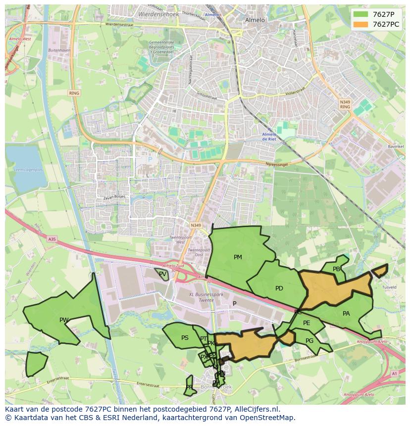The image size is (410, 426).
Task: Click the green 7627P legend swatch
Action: (361, 14)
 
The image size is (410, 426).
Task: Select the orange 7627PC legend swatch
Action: (361, 24)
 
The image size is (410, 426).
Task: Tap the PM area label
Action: (238, 257)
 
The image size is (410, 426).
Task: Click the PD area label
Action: (279, 288)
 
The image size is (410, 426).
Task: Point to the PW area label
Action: (64, 320)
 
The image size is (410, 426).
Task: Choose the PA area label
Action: (346, 314)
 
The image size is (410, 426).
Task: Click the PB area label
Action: (337, 269)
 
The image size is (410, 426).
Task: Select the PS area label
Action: (185, 338)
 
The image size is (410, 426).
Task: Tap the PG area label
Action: (309, 341)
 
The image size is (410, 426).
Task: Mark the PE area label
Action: (307, 323)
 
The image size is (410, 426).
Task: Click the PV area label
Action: (162, 274)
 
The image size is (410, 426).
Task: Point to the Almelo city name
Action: (255, 20)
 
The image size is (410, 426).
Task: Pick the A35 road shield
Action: (52, 239)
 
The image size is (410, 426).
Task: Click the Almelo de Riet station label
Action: (269, 137)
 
